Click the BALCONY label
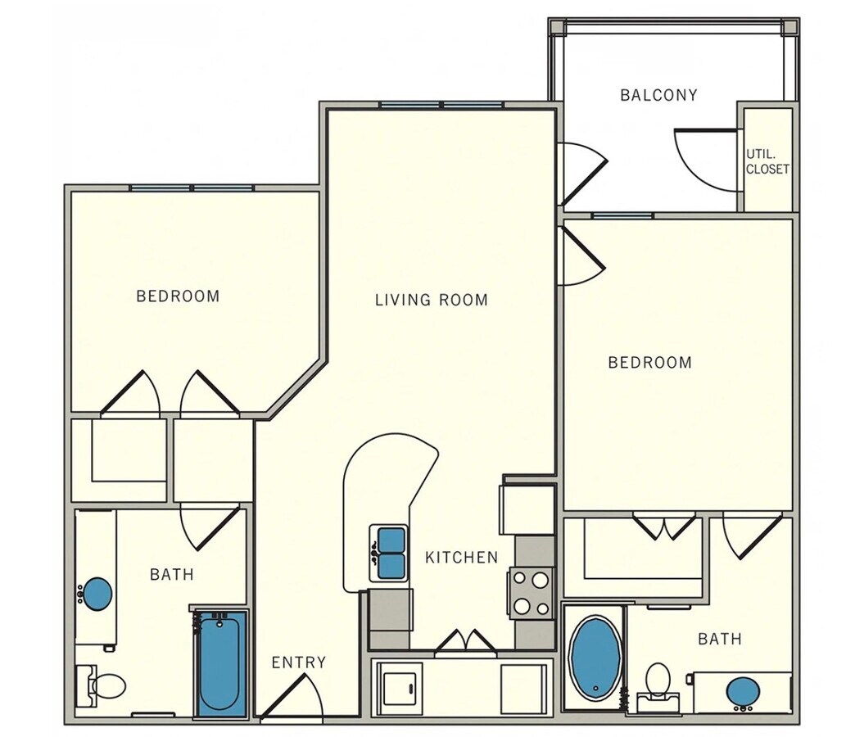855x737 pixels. coord(658,95)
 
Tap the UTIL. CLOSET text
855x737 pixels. coord(767,161)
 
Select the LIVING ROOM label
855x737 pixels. coord(431,300)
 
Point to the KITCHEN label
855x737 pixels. coord(461,558)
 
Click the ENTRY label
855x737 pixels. coord(298,662)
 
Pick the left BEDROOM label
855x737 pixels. coord(178,296)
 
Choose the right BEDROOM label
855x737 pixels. coord(649,362)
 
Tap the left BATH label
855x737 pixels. coord(172,575)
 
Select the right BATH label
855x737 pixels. coord(720,639)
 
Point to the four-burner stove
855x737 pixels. coord(530,594)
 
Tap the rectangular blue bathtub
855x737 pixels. coord(220,665)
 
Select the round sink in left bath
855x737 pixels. coord(98,594)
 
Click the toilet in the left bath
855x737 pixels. coord(105,685)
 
